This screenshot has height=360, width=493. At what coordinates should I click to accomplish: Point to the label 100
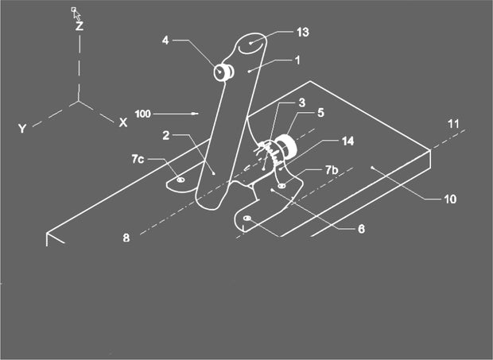[x=143, y=114]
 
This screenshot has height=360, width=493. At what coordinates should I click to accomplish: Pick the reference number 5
[x=320, y=112]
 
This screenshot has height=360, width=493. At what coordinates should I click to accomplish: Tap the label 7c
[x=138, y=160]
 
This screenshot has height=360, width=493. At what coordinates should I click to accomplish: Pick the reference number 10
[x=449, y=199]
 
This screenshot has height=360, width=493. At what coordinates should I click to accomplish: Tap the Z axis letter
[x=80, y=25]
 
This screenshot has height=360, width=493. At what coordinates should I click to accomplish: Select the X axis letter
[x=122, y=122]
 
